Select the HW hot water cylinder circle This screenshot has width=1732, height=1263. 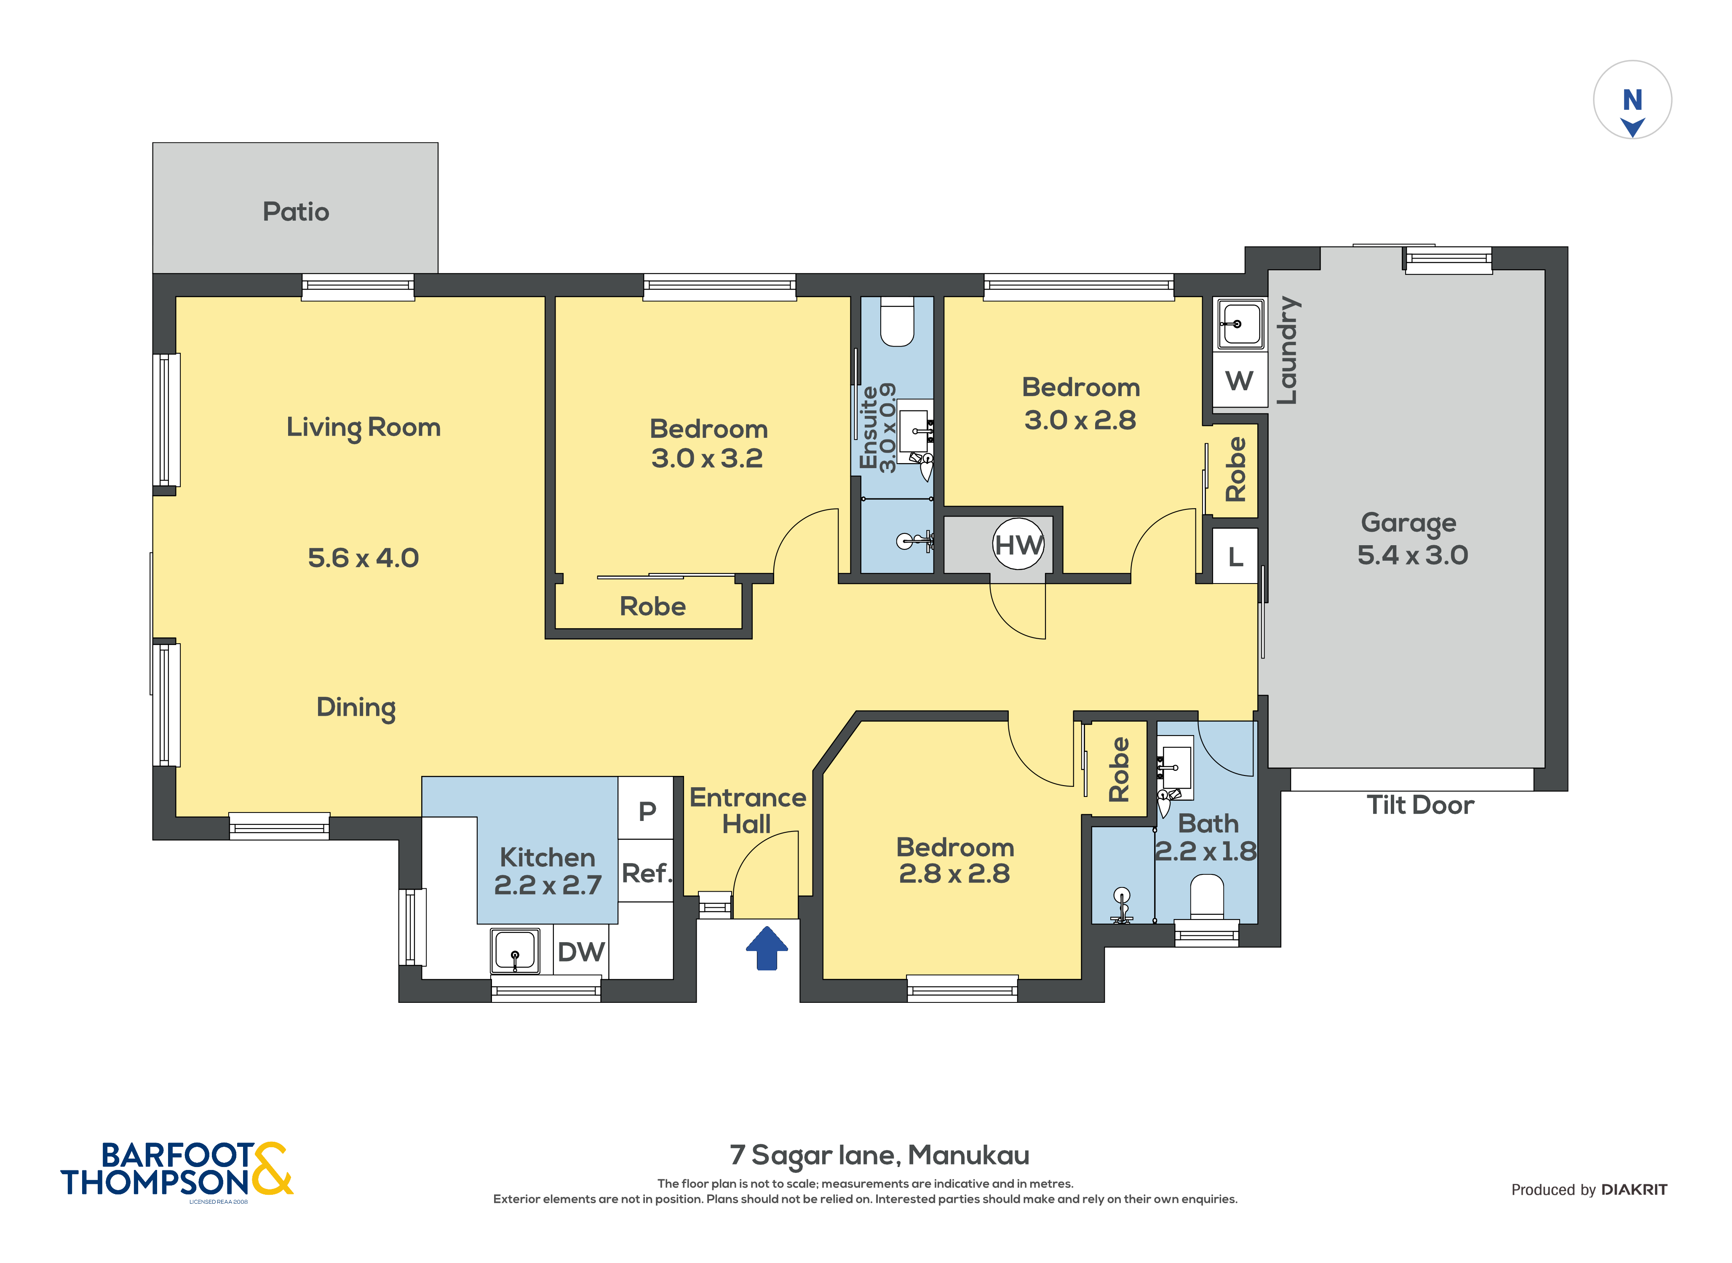(x=1017, y=544)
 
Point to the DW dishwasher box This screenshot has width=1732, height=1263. (x=580, y=952)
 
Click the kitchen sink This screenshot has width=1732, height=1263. (x=515, y=950)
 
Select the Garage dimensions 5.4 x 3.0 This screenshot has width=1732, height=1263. (x=1411, y=555)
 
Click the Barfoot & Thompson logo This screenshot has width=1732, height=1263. (x=176, y=1170)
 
